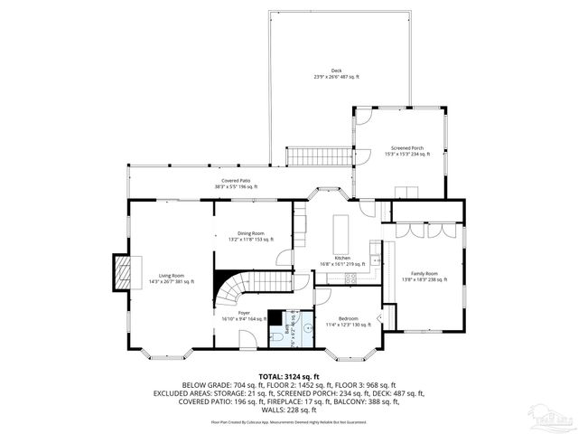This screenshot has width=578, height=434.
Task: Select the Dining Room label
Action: point(251,236)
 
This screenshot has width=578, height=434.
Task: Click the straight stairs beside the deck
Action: point(304,156)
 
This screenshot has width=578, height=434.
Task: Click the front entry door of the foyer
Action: point(247,339)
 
